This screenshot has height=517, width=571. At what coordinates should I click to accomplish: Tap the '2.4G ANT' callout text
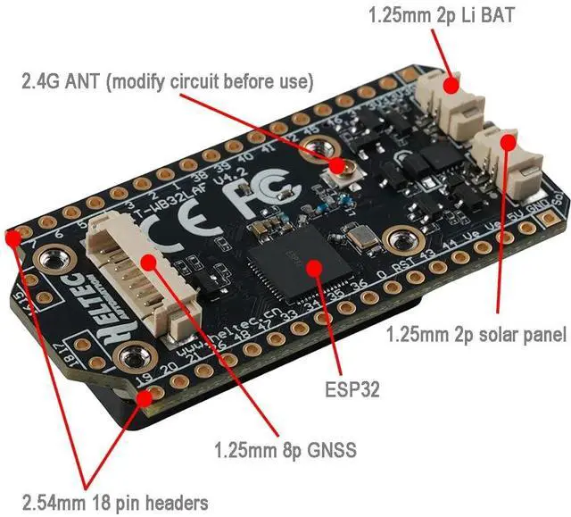[168, 81]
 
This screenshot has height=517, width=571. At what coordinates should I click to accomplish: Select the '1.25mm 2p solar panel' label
[476, 335]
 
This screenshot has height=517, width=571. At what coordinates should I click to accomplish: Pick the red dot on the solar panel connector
[509, 141]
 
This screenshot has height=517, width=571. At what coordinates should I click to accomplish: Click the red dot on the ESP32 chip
[315, 265]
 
